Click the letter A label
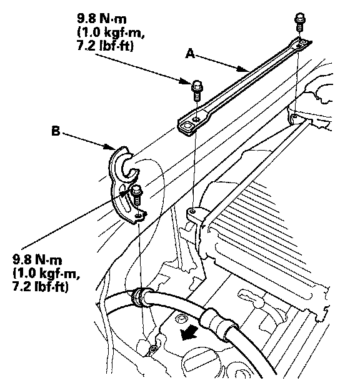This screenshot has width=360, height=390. (191, 54)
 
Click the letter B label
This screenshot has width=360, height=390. (56, 131)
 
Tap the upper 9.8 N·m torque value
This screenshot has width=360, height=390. (101, 19)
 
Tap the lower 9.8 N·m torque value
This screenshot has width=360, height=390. (37, 260)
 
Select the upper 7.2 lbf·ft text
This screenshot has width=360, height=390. (105, 46)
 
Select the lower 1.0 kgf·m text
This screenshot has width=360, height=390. (46, 274)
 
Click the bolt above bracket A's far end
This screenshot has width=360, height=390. (300, 22)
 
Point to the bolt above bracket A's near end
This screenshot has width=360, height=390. (197, 90)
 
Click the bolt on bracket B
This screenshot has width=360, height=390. (136, 196)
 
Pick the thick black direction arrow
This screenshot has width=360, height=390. (189, 332)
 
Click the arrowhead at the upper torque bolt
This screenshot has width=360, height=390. (186, 81)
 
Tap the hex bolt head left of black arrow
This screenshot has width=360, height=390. (179, 319)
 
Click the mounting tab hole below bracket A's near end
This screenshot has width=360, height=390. (192, 211)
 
